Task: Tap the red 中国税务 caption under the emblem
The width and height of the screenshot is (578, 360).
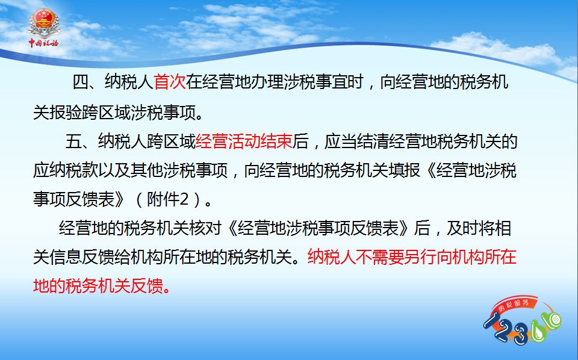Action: [x=44, y=43]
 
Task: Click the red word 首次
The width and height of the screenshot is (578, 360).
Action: [x=169, y=82]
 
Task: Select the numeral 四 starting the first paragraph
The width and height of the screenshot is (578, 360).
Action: [x=80, y=82]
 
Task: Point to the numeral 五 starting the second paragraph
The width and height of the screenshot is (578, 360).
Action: [x=73, y=141]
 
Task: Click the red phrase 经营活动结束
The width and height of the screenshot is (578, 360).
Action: [x=244, y=141]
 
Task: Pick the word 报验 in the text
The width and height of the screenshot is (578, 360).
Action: [x=65, y=112]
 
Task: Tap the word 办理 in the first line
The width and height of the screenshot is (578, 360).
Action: [x=267, y=82]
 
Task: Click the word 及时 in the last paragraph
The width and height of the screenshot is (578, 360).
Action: [x=462, y=228]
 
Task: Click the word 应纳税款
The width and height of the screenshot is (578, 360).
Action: [x=65, y=170]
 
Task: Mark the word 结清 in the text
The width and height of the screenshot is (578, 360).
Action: [x=372, y=141]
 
